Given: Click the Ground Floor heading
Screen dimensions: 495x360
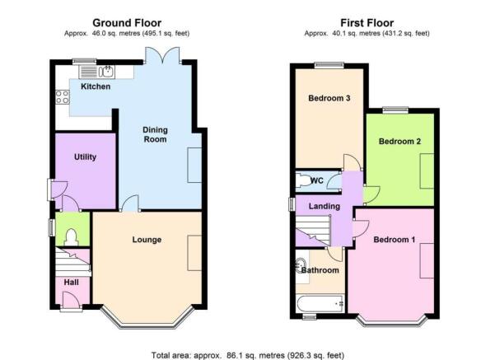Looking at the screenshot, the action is click(127, 23).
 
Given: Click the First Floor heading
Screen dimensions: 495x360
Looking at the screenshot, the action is click(367, 23).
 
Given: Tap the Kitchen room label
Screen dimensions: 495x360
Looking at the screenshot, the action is click(96, 86).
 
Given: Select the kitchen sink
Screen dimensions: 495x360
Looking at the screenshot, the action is click(107, 72).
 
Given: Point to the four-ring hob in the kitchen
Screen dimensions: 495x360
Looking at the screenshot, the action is click(63, 96).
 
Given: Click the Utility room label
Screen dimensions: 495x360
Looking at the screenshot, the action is click(85, 157).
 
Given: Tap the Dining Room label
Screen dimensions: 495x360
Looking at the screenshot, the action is click(155, 134).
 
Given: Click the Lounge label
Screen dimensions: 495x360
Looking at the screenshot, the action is click(147, 240).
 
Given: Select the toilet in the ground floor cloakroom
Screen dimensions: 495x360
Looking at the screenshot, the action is click(71, 237).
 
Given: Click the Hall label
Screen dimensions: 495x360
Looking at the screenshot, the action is click(72, 283).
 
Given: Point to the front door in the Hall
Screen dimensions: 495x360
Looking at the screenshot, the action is click(71, 300).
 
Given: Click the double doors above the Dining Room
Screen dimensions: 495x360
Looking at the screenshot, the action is click(162, 55).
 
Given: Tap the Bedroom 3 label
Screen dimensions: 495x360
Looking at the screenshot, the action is click(329, 98).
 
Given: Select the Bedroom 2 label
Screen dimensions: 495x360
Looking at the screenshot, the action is click(399, 142).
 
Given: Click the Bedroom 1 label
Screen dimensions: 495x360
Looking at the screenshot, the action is click(395, 240).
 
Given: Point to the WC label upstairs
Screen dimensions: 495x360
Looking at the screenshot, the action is click(317, 180).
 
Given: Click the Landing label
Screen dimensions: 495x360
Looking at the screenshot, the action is click(325, 207).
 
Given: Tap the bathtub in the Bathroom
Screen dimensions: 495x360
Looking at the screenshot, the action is click(320, 304).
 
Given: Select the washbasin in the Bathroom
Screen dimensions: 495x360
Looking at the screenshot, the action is click(301, 265).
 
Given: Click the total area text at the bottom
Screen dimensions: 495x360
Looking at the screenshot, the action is click(248, 355).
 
